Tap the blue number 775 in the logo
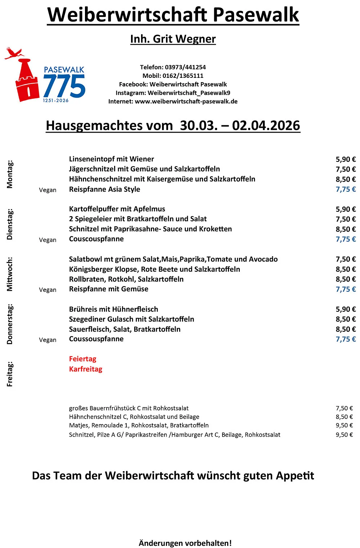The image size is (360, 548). (64, 86)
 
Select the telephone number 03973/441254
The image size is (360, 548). (185, 67)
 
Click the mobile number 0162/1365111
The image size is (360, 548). (183, 76)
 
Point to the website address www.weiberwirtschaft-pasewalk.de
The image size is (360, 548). (186, 101)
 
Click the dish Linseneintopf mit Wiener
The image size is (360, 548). (111, 159)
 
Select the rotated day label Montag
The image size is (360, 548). (10, 174)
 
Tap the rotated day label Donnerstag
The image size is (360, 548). (10, 324)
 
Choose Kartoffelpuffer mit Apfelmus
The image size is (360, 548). (117, 209)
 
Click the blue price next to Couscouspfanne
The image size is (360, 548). (346, 239)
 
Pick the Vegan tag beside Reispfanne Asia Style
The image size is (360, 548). (48, 190)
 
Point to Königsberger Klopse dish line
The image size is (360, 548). (154, 269)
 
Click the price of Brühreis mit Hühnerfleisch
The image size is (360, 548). (346, 309)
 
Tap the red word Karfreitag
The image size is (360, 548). (86, 369)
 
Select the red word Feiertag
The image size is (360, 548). (82, 359)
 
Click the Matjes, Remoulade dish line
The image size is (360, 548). (139, 425)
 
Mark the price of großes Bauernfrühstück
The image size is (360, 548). (344, 408)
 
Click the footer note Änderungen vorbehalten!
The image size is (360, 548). (185, 543)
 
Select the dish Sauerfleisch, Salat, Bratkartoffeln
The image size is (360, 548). (125, 329)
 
